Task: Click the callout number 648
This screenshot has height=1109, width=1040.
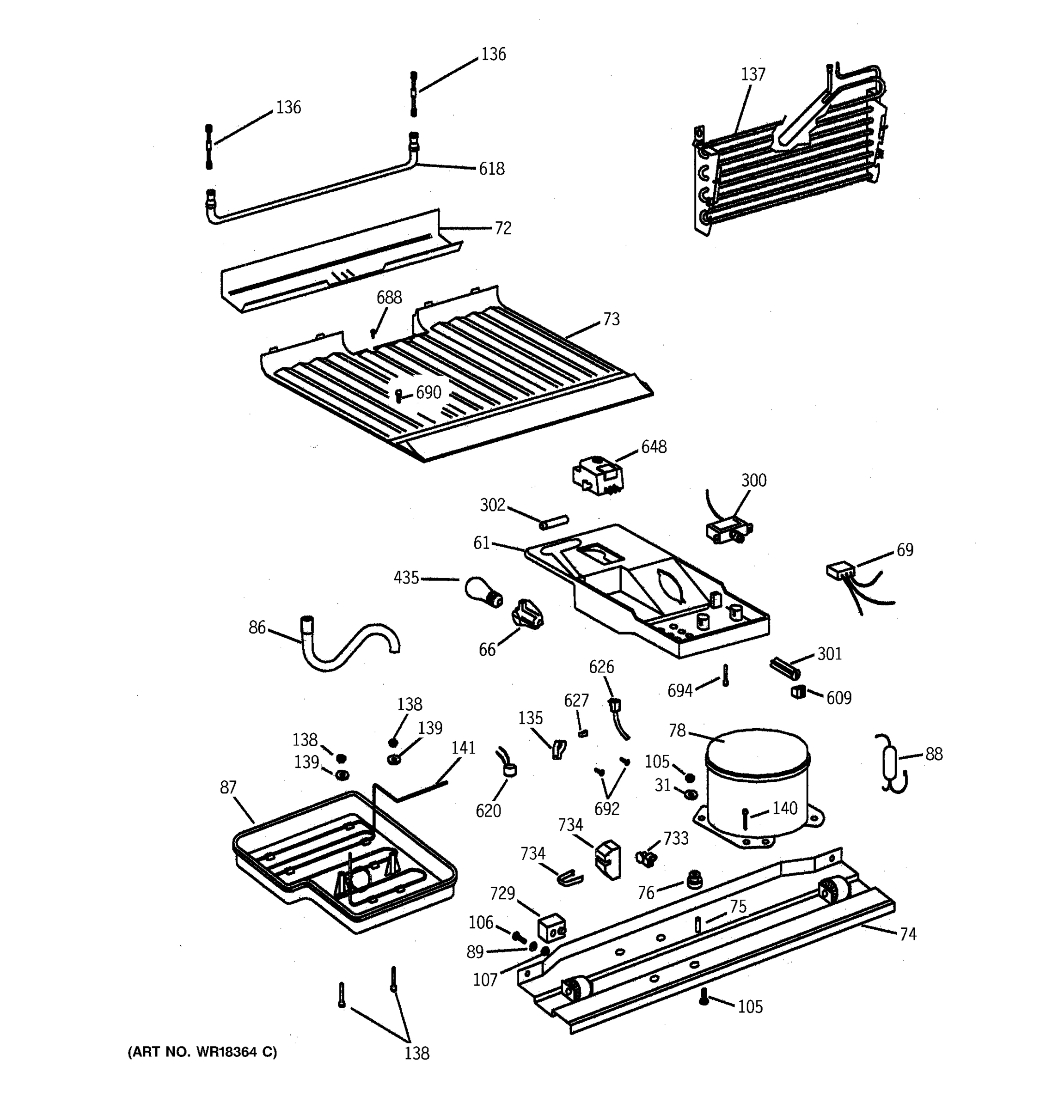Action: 653,447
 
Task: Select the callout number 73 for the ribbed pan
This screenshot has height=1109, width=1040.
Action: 611,319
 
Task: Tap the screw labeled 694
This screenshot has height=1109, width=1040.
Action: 725,675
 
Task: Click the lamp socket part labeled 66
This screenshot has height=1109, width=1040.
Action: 527,614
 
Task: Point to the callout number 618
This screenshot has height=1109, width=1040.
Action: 491,169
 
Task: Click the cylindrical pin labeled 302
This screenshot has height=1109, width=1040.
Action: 553,522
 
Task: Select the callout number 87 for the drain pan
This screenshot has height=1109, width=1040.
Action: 227,787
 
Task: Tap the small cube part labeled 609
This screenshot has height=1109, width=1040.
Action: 798,692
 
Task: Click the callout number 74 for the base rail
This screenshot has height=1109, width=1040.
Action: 908,934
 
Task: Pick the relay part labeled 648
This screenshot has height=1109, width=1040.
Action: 596,476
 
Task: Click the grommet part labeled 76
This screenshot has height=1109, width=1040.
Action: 694,880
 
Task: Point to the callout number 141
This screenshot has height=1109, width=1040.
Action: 463,748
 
